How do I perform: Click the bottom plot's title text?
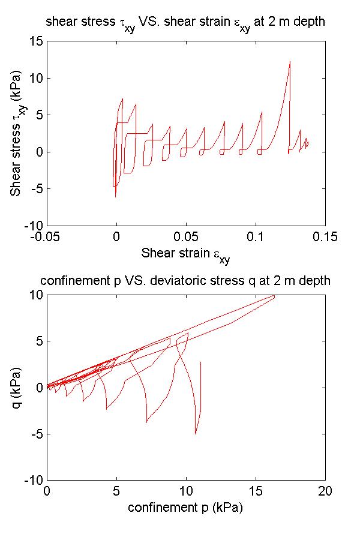[185, 281]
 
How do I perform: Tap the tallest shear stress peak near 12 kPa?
[290, 61]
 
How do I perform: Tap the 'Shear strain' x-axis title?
[185, 254]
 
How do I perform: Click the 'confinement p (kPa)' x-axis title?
[185, 507]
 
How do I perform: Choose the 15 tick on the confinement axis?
[256, 491]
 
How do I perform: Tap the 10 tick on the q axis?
[36, 295]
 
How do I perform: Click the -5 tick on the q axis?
[35, 434]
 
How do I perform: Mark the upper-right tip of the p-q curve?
[274, 296]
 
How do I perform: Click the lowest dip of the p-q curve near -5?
[196, 433]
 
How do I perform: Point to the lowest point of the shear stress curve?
[115, 197]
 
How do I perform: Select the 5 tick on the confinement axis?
[116, 491]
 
